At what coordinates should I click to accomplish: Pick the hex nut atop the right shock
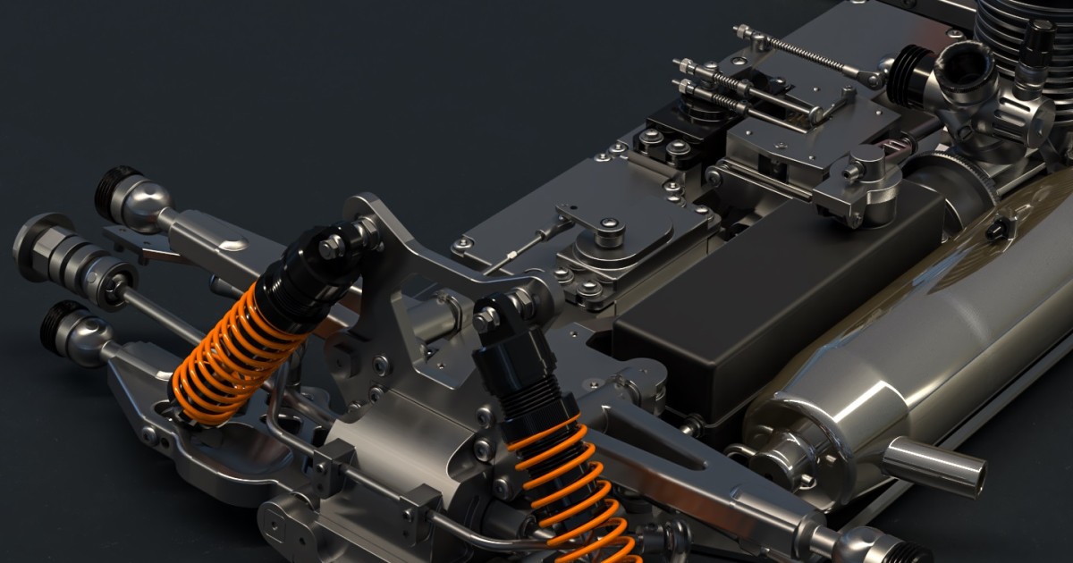pyautogui.click(x=488, y=318)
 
